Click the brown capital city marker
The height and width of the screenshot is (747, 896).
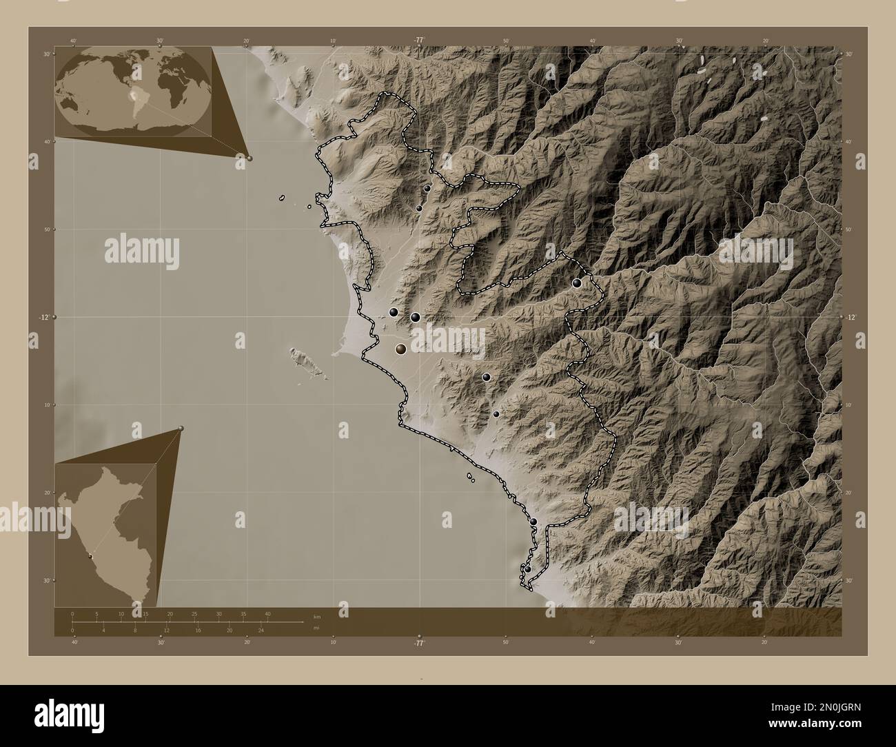point(400,350)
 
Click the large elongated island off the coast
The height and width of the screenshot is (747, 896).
point(301,359)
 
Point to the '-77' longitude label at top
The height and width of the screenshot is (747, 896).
point(419,40)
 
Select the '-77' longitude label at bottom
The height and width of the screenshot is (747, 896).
point(419,643)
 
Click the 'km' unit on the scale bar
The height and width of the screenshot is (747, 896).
point(316,616)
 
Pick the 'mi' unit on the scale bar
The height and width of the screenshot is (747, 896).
point(316,628)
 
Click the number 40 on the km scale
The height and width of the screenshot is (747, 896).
point(267,613)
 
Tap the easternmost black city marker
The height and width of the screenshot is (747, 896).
point(577,283)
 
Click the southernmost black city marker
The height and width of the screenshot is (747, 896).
point(528,569)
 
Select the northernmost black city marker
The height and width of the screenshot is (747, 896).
point(427,188)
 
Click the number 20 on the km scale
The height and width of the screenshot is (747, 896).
point(170,613)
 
